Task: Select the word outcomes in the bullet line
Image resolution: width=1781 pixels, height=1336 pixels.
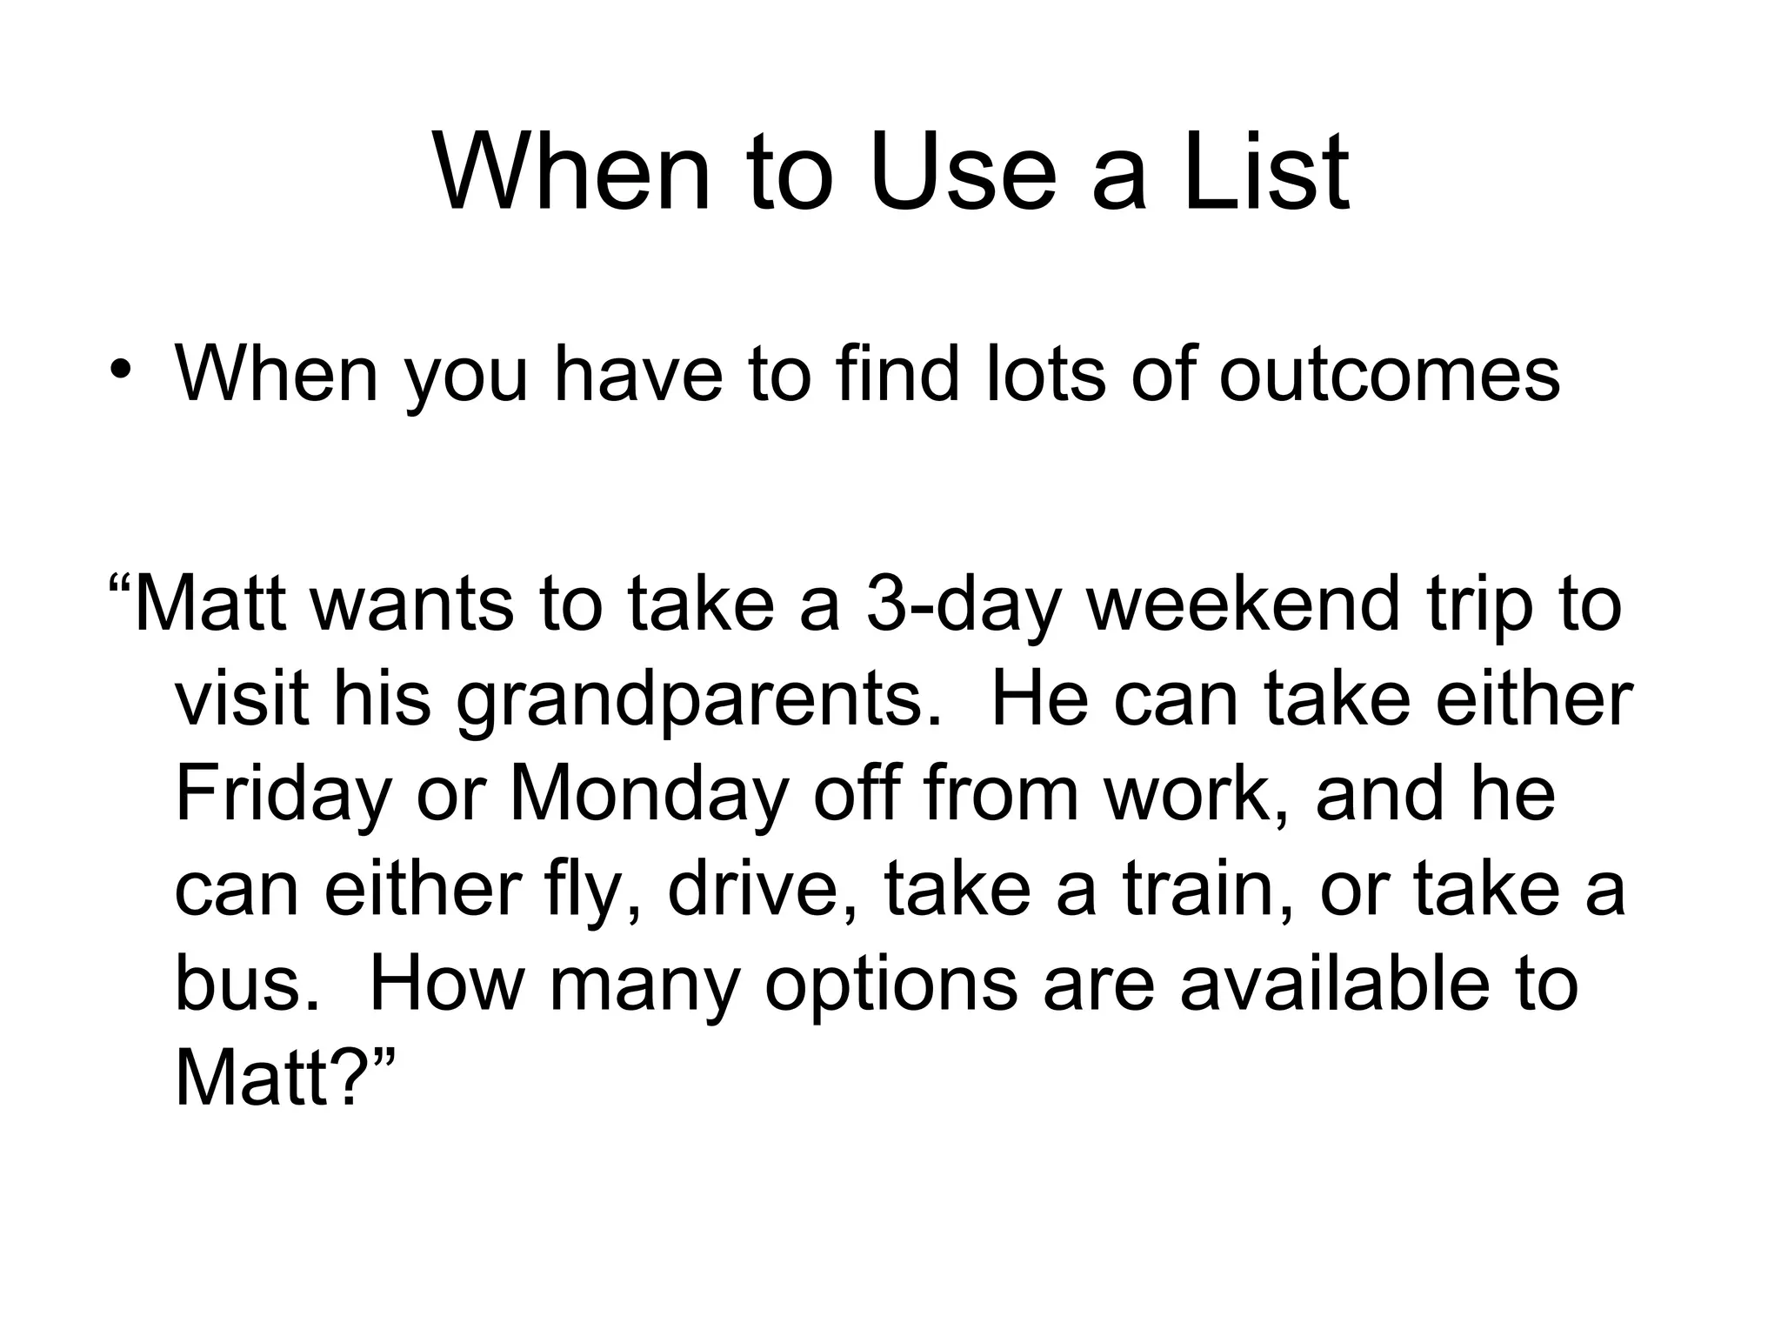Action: tap(1389, 374)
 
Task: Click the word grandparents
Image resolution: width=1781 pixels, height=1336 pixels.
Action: tap(696, 701)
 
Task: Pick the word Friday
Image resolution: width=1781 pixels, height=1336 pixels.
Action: tap(283, 796)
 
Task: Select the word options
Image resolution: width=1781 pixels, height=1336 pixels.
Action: tap(890, 987)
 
